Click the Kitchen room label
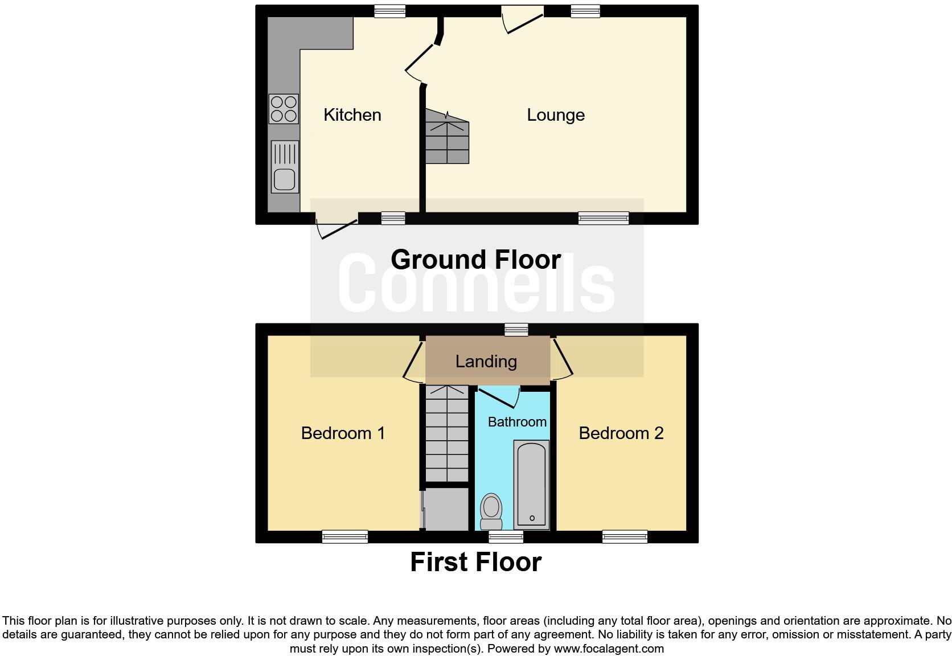coord(352,115)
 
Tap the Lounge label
coord(556,115)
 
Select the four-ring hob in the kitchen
coord(284,109)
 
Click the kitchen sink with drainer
coord(285,166)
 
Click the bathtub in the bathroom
coord(531,485)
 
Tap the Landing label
coord(486,362)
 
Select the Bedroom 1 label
coord(343,433)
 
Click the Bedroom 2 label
coord(621,433)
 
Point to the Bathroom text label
coord(517,422)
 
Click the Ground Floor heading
coord(475,260)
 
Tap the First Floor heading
coord(475,562)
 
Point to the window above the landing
coord(516,329)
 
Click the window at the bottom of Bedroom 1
coord(344,536)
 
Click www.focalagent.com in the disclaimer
coord(609,648)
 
